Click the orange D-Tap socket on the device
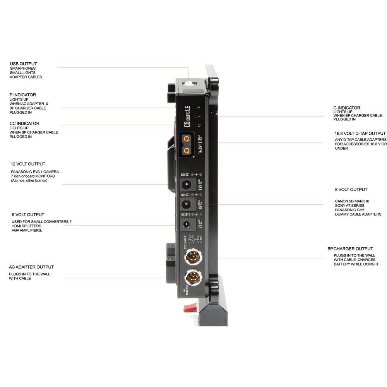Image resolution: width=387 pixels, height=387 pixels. (x=187, y=144)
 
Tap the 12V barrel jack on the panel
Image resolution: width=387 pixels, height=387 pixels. (x=187, y=186)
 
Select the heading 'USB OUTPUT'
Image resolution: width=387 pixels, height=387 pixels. (x=24, y=64)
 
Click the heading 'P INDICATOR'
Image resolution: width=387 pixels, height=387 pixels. (x=23, y=95)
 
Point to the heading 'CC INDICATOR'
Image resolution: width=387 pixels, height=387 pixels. (x=24, y=123)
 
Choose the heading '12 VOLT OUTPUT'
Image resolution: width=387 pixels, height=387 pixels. (x=28, y=164)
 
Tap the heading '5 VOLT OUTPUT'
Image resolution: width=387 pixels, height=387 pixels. (x=27, y=215)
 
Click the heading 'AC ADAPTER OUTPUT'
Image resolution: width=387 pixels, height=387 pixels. (x=31, y=267)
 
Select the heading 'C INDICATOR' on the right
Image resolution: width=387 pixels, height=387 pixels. (x=347, y=108)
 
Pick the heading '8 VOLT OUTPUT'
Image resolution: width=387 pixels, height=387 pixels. (x=351, y=190)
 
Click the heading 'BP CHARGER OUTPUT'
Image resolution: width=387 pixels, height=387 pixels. (x=350, y=249)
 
